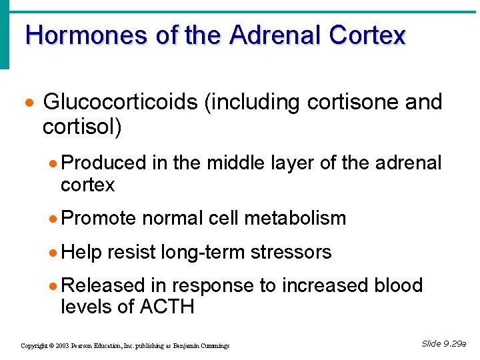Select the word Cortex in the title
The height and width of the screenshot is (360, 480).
tap(367, 35)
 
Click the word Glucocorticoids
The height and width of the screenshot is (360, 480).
tap(121, 103)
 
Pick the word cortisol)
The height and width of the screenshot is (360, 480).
tap(82, 127)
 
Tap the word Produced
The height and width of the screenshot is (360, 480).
tap(103, 163)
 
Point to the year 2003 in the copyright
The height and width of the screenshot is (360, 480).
tap(63, 346)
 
